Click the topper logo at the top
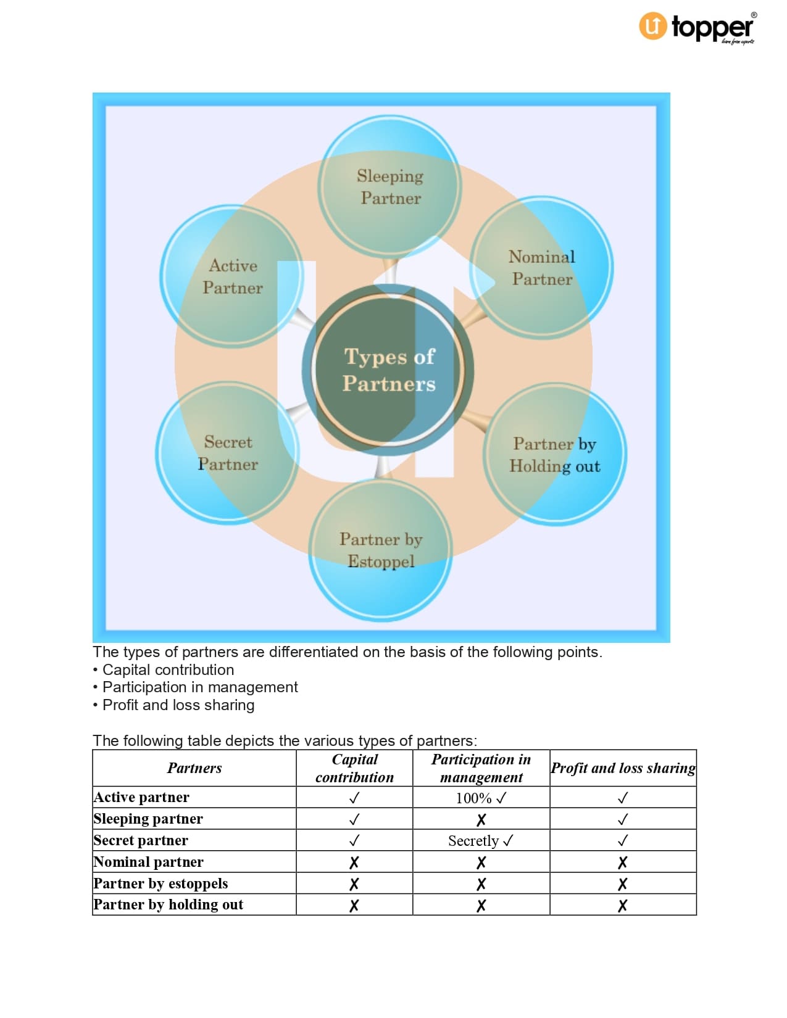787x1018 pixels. coord(696,28)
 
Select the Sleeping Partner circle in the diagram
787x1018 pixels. coord(389,186)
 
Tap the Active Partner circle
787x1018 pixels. coord(232,276)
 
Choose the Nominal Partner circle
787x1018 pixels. coord(541,267)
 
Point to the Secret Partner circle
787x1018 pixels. coord(227,453)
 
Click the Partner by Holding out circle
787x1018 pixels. coord(554,455)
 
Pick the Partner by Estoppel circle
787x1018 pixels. coord(380,550)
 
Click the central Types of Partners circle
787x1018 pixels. coord(388,370)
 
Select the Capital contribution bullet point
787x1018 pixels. coord(168,669)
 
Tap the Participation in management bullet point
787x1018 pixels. coord(199,687)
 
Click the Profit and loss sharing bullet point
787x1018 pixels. coord(178,705)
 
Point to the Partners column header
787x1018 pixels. coord(194,768)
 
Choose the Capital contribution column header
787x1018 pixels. coord(354,768)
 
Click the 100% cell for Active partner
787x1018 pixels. coord(481,798)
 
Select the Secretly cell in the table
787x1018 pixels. coord(481,840)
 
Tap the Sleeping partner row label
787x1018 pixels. coord(148,819)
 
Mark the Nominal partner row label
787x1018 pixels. coord(148,862)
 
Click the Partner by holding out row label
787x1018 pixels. coord(168,904)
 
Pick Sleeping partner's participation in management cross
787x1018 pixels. coord(481,819)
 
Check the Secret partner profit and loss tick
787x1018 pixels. coord(623,840)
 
